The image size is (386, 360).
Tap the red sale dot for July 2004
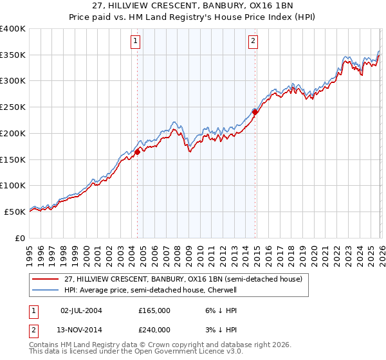pyautogui.click(x=138, y=152)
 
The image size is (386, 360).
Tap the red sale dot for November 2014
pyautogui.click(x=255, y=112)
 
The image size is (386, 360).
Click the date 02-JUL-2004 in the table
pyautogui.click(x=82, y=310)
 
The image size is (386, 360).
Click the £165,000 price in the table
pyautogui.click(x=154, y=310)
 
